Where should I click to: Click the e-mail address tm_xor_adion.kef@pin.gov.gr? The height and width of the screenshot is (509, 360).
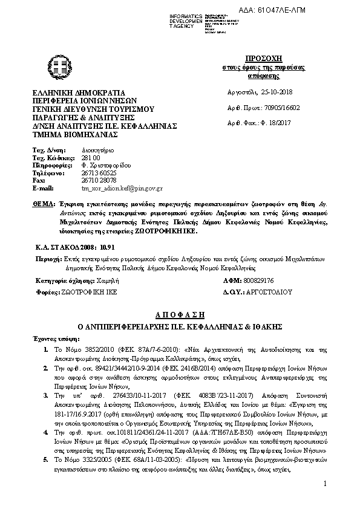pos(122,188)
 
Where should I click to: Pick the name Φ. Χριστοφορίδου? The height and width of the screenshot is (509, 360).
pos(104,164)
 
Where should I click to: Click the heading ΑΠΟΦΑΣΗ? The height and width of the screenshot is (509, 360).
pos(180,315)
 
